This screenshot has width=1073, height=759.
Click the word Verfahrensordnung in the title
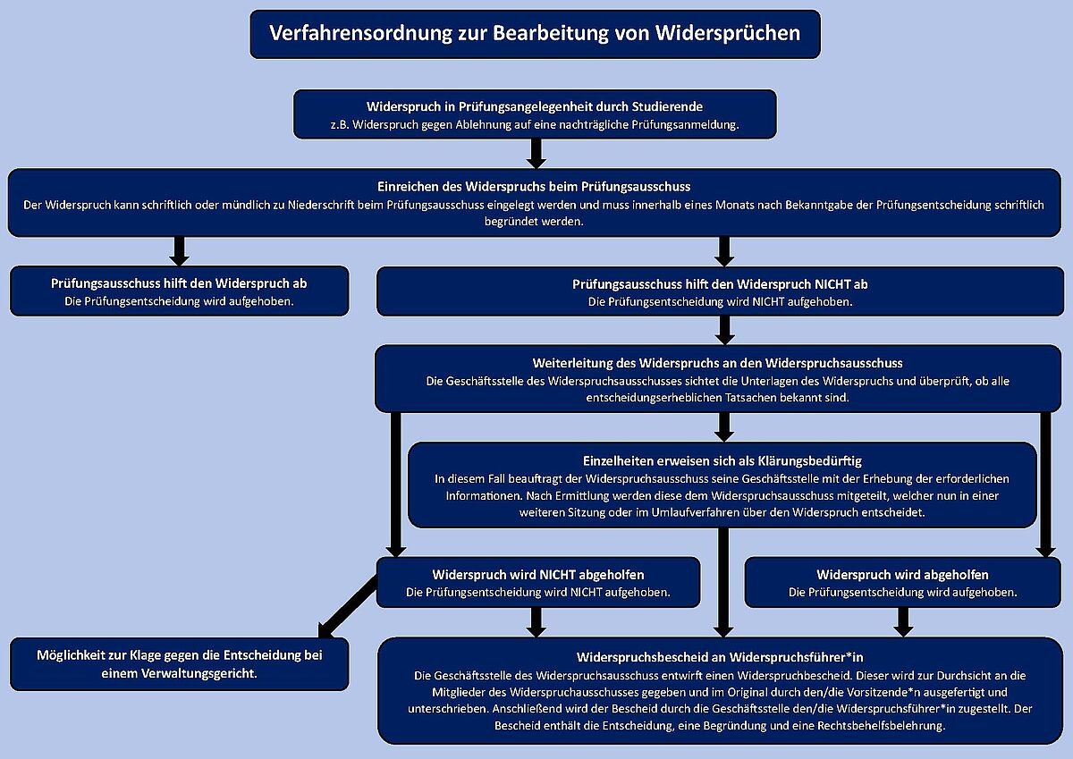[360, 33]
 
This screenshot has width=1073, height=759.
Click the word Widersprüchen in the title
[728, 33]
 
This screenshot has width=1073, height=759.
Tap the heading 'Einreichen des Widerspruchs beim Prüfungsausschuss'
[534, 187]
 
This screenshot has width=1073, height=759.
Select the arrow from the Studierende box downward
[536, 153]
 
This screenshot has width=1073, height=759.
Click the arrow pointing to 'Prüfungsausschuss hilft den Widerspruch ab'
[179, 251]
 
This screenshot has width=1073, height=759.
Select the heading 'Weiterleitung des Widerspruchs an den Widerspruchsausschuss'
[717, 364]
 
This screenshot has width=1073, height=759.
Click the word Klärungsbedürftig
[809, 461]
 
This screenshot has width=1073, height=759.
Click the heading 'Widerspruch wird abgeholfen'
[902, 575]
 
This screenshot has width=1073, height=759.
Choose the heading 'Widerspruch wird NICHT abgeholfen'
[538, 575]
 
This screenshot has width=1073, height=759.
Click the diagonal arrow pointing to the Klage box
[348, 607]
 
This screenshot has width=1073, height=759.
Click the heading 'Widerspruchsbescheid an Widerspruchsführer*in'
[720, 657]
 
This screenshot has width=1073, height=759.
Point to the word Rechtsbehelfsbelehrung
[882, 726]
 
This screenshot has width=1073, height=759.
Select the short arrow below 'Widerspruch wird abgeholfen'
[903, 622]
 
